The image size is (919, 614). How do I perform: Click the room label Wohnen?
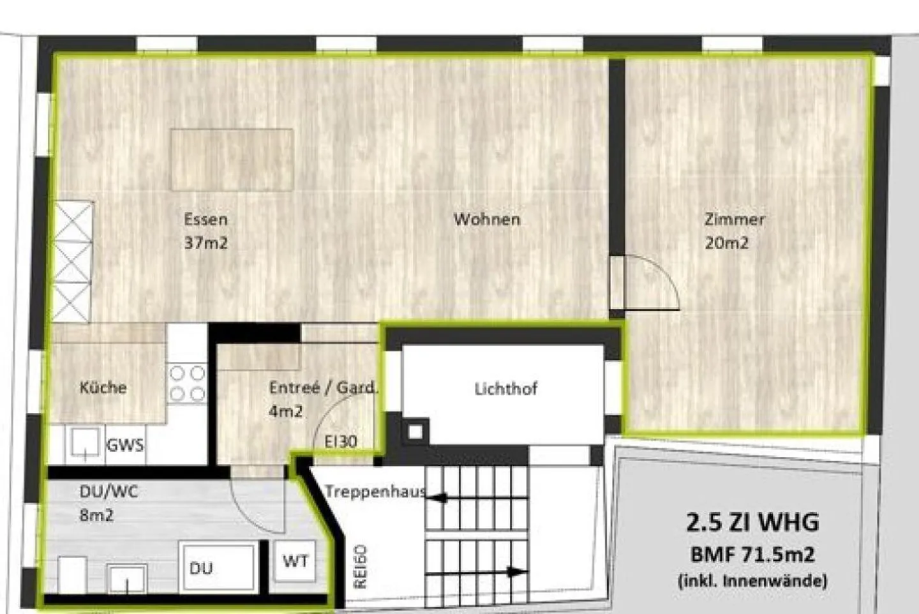point(487,219)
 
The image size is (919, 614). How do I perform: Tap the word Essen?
point(205,219)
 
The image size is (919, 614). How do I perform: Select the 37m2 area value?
point(205,243)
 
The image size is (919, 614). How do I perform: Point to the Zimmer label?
point(734,219)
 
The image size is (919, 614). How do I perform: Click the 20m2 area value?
point(727,243)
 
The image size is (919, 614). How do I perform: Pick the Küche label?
point(103,387)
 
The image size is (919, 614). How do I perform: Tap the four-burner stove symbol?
point(188,384)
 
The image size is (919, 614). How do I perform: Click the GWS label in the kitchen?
point(125,445)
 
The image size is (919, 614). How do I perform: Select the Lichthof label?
point(505,389)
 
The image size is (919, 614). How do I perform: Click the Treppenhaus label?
point(375,491)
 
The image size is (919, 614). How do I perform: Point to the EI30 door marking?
point(341,441)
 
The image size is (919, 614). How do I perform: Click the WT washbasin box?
point(295,561)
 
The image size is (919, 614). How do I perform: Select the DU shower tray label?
point(201,567)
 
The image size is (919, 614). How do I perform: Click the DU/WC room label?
point(108,491)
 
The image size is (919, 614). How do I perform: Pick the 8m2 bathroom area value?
point(96,514)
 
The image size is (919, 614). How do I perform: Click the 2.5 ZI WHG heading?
point(752,522)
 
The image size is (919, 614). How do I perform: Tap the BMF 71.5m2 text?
point(752,554)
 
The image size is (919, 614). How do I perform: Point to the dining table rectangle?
point(232,160)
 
